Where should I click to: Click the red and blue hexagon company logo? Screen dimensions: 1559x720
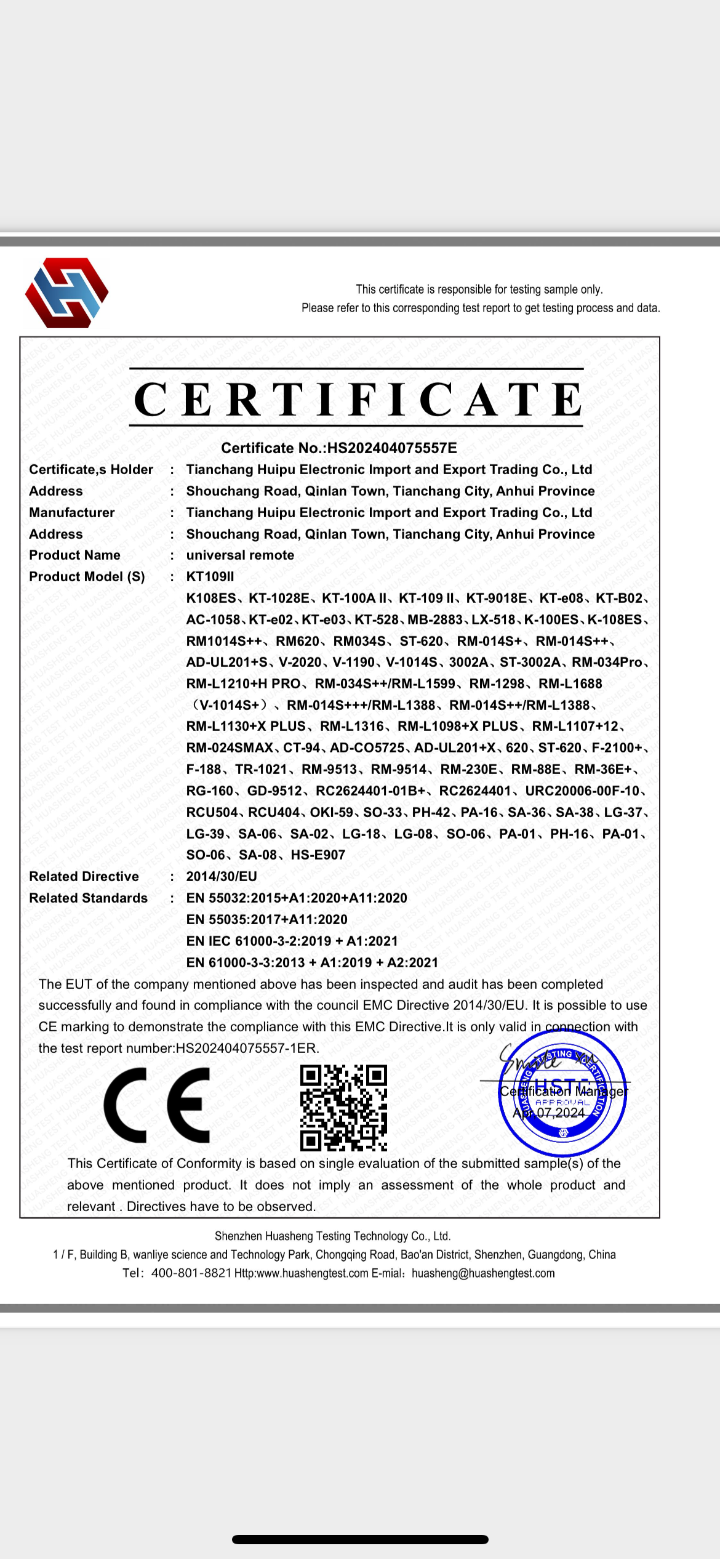[66, 292]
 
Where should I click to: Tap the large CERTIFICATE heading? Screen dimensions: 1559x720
[358, 399]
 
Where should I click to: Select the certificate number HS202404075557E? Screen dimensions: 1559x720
[391, 448]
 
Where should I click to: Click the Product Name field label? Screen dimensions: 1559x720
[74, 555]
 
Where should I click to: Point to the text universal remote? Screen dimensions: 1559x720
[240, 555]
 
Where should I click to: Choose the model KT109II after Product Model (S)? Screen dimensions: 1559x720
[210, 577]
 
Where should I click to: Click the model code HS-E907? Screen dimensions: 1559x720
[318, 855]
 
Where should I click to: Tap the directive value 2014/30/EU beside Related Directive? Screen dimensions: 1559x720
[222, 877]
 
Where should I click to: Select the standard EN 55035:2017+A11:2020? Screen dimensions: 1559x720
[266, 920]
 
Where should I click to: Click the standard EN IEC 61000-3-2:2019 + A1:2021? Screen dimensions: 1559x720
[292, 941]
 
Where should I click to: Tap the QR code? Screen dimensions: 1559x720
[343, 1108]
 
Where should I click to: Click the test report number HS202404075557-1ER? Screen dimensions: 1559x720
[247, 1049]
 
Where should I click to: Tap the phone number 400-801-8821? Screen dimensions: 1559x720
[191, 1273]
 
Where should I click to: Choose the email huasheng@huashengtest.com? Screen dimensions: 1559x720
[483, 1273]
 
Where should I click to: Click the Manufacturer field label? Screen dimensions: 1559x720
[71, 513]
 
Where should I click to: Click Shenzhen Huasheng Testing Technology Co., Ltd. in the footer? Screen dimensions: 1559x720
[332, 1236]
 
